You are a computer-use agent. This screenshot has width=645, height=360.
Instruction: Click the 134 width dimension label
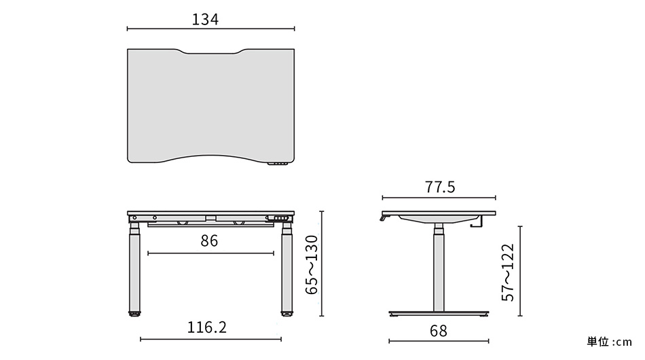pos(205,20)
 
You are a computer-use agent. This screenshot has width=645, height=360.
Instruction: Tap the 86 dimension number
pos(209,241)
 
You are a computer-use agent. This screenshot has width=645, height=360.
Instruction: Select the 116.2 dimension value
pos(207,328)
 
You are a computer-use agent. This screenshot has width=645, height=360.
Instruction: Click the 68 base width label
pos(438,331)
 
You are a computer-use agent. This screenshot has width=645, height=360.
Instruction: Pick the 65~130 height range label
pos(312,264)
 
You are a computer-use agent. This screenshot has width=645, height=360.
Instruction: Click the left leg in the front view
pos(134,272)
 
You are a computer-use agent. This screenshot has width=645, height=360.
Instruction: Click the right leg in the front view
pos(286,272)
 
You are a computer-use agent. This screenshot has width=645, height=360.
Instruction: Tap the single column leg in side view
pos(438,272)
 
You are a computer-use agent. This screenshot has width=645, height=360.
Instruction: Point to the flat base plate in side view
pos(439,314)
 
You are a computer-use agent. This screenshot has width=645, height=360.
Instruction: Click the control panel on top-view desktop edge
pos(278,164)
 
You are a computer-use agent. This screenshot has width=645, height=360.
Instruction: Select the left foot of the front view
pos(135,314)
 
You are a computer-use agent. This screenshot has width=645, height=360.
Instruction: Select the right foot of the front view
pos(286,314)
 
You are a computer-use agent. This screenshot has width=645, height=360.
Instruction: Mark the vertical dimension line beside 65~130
pos(322,264)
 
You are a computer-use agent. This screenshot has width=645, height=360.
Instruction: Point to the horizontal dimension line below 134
pos(210,29)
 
